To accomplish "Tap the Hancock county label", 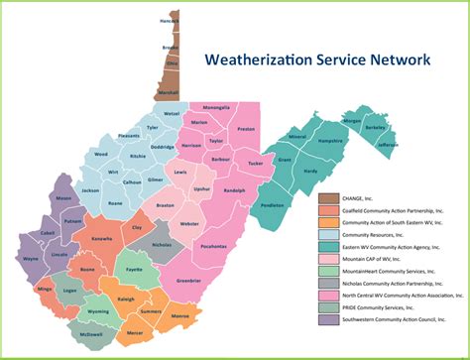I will coord(169,19).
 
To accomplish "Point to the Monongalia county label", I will coord(216,107).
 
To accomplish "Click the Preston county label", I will coord(246,129).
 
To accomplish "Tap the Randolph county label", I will coord(234,189).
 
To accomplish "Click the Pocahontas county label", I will coord(213,245).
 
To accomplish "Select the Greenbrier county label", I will coord(188,282).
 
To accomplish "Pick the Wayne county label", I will coord(30,258).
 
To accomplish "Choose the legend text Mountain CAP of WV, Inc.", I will coord(365,256).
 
